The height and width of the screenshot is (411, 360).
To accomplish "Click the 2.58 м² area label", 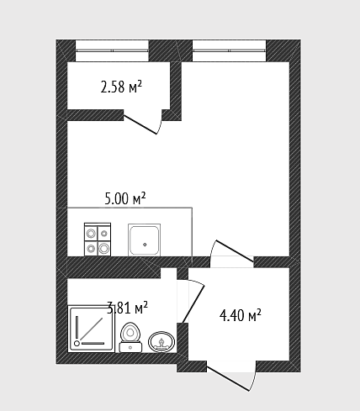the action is (121, 87).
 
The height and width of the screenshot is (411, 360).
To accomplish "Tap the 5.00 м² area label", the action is (125, 198).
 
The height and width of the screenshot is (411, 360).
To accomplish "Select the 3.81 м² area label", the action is (128, 308).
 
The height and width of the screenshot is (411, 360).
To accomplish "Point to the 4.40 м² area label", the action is (241, 315).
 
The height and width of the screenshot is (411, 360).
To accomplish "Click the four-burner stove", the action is (98, 240).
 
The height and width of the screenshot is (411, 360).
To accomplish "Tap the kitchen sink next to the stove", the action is (144, 240).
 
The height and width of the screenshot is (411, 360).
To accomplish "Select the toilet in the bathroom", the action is (130, 337).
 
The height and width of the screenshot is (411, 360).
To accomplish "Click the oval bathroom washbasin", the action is (161, 342).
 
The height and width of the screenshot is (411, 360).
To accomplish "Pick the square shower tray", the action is (92, 329).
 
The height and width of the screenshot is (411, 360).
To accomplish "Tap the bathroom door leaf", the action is (193, 304).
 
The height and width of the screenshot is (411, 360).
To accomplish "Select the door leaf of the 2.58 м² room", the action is (140, 124).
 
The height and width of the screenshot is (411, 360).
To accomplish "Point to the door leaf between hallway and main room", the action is (235, 251).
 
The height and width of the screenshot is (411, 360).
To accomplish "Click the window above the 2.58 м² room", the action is (112, 50).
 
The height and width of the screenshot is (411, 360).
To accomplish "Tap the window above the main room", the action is (230, 50).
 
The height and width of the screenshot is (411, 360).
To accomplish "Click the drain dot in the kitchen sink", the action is (145, 245).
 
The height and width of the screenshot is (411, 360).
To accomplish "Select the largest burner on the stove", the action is (104, 248).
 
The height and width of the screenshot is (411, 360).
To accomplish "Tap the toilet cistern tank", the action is (130, 347).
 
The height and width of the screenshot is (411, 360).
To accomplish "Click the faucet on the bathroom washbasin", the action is (161, 343).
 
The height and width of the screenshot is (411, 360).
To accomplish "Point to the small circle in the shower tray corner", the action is (77, 343).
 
